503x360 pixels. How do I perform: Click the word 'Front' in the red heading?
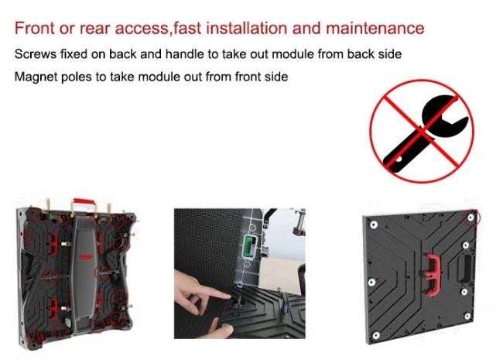coord(35,28)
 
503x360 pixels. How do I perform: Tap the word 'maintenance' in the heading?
coord(375,28)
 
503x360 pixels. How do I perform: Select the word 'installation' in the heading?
coord(247,28)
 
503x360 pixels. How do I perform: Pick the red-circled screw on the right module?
coord(470,218)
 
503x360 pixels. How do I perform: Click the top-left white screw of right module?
coord(374,225)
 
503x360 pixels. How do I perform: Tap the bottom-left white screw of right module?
coord(376,335)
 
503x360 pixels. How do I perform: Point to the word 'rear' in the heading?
coord(96,28)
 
